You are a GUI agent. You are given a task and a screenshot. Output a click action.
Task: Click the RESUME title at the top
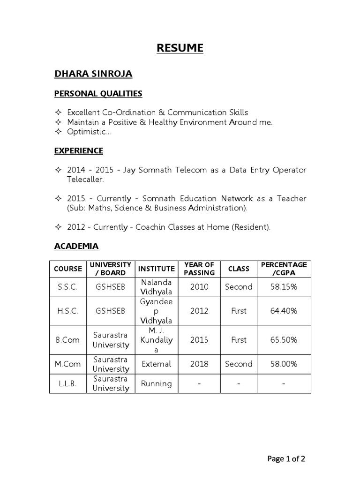pyautogui.click(x=180, y=48)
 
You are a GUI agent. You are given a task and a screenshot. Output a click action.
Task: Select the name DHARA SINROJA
pyautogui.click(x=93, y=74)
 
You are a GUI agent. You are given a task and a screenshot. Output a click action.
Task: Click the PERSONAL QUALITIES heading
pyautogui.click(x=98, y=94)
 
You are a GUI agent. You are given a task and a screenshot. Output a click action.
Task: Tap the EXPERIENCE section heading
pyautogui.click(x=79, y=150)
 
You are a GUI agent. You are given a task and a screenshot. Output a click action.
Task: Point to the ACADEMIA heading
pyautogui.click(x=76, y=246)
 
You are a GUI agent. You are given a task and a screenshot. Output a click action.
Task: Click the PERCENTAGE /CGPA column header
pyautogui.click(x=284, y=269)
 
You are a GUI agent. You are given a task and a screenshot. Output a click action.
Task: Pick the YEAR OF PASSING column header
pyautogui.click(x=199, y=269)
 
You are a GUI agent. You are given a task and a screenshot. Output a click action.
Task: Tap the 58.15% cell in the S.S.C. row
pyautogui.click(x=284, y=287)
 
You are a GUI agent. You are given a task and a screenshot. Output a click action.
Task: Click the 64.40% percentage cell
pyautogui.click(x=284, y=311)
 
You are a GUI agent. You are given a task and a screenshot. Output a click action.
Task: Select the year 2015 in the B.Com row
pyautogui.click(x=199, y=340)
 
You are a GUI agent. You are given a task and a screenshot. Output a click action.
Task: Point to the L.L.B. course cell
pyautogui.click(x=68, y=383)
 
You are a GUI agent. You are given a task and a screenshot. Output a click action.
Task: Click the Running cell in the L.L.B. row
pyautogui.click(x=156, y=383)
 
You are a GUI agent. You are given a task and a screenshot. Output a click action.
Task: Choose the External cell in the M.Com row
pyautogui.click(x=156, y=364)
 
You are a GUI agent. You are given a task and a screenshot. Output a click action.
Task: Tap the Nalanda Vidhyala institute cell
pyautogui.click(x=156, y=287)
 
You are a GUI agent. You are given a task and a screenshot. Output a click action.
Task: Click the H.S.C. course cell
pyautogui.click(x=68, y=311)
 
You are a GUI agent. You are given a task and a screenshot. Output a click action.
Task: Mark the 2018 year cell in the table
pyautogui.click(x=199, y=364)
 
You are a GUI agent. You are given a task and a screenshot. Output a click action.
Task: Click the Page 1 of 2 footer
pyautogui.click(x=286, y=459)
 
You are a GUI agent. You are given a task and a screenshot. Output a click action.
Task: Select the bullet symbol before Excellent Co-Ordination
pyautogui.click(x=58, y=112)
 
